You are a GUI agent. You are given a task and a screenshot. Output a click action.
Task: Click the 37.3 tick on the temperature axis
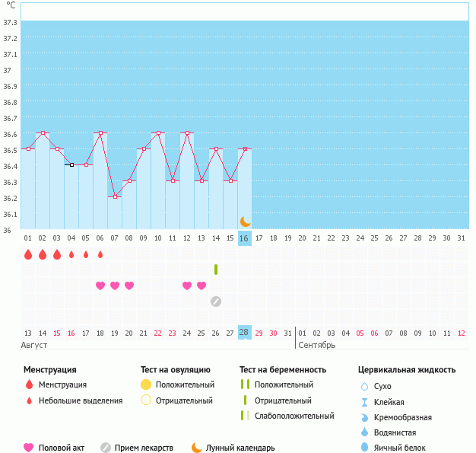(11, 22)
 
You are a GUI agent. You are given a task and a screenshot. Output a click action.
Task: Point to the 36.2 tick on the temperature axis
(11, 197)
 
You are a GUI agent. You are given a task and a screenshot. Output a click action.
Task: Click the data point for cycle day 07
(115, 196)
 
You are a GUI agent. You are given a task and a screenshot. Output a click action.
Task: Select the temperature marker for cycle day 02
(43, 133)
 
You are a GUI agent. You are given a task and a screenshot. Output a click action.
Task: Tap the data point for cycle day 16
(244, 149)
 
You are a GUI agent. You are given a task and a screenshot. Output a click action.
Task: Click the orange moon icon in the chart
(245, 222)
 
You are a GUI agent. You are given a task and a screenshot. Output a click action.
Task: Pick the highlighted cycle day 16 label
(244, 238)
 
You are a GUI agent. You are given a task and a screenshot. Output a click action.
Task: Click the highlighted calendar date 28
(244, 333)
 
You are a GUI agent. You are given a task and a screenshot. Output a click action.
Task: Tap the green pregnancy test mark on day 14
(216, 270)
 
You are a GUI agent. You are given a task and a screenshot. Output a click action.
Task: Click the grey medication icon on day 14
(216, 301)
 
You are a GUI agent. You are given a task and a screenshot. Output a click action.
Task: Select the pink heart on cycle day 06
(100, 286)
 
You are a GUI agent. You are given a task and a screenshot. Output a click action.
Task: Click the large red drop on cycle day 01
(28, 254)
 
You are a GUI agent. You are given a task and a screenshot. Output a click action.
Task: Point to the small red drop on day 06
(100, 254)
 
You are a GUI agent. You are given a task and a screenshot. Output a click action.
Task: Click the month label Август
(35, 345)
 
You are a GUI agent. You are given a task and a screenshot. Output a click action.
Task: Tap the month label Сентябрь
(316, 345)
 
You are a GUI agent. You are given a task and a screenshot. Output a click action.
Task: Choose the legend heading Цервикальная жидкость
(407, 370)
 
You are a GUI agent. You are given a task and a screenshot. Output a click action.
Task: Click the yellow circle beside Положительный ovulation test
(146, 384)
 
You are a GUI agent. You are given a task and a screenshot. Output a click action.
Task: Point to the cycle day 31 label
(461, 238)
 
